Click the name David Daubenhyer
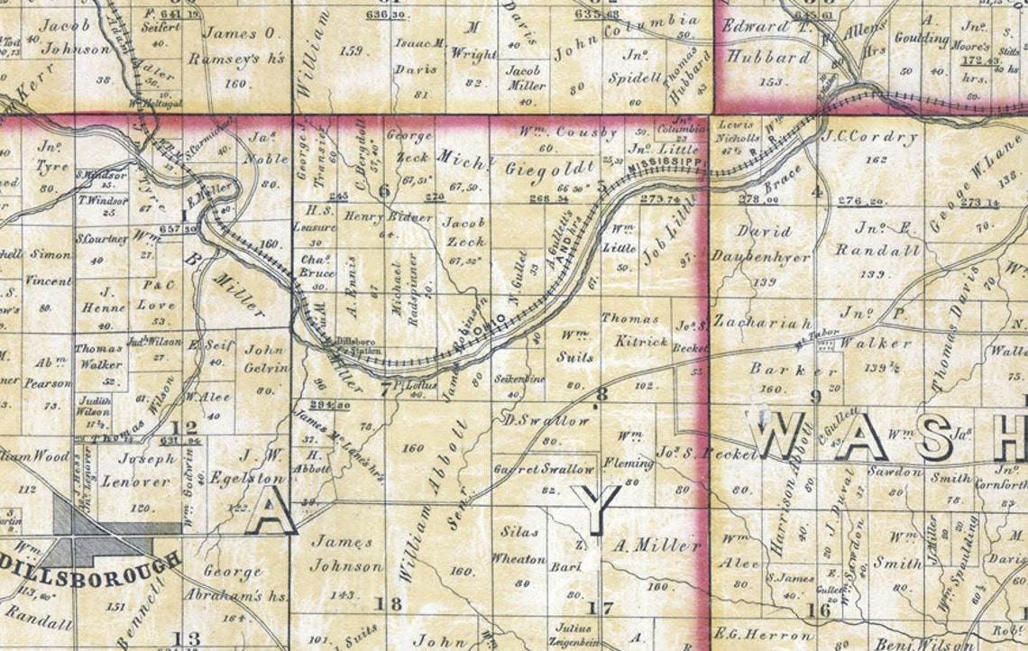click(x=762, y=243)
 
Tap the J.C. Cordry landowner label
click(x=869, y=138)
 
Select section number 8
click(x=601, y=392)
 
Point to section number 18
click(x=392, y=604)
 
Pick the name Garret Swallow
click(x=544, y=469)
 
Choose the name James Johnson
click(x=345, y=554)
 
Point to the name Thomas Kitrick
click(x=636, y=329)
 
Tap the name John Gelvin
click(x=265, y=358)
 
